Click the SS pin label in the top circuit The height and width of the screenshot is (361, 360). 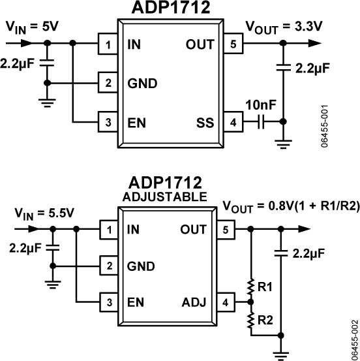click(x=205, y=122)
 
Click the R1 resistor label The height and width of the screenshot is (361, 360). click(x=265, y=287)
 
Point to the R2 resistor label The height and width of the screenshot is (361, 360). click(x=265, y=320)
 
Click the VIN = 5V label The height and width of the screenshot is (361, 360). click(x=31, y=27)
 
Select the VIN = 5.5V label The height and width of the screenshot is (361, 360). click(x=35, y=212)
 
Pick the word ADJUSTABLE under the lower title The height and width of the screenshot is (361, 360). click(x=169, y=196)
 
